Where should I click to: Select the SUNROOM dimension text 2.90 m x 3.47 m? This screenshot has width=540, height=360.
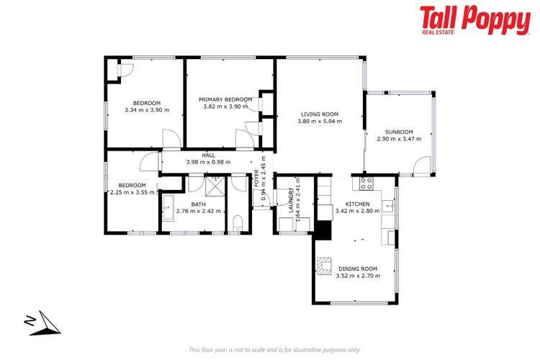point(398,139)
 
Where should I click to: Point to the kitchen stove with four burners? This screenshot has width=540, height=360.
point(366,183)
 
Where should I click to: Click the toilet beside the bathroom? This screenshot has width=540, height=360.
point(238,221)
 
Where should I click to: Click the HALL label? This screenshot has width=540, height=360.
point(208,156)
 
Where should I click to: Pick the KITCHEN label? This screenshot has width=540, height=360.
point(357,204)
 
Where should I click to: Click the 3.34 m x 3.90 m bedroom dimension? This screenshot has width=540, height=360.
point(146,110)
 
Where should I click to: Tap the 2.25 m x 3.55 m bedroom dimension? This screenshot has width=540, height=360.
point(132,192)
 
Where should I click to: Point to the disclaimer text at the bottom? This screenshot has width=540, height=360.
point(274,349)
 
